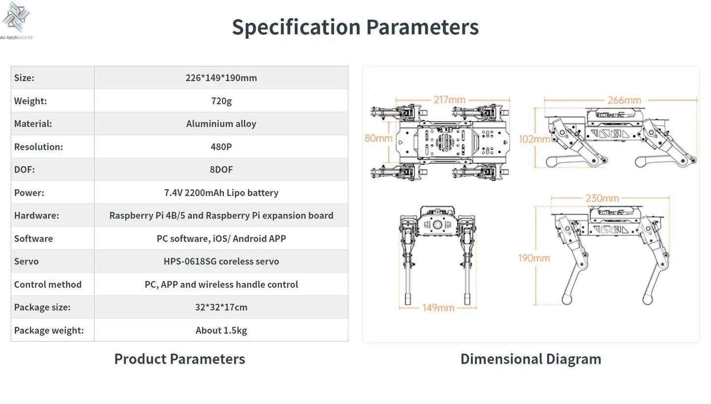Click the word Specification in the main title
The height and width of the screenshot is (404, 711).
296,27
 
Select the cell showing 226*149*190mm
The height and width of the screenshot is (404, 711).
221,78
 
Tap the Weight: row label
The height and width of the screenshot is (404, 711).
31,101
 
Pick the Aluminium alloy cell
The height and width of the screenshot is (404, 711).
221,124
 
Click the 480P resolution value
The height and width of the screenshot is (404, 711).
221,146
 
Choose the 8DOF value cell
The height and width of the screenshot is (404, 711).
221,170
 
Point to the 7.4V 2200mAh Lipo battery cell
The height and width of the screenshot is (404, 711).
221,193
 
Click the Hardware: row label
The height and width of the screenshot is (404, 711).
36,215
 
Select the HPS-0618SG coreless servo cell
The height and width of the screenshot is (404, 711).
221,261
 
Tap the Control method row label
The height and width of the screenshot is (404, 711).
48,284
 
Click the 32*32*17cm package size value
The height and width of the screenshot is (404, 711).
221,307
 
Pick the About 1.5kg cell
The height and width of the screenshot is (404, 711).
221,330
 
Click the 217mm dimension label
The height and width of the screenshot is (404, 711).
449,100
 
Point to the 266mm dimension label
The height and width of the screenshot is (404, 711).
624,100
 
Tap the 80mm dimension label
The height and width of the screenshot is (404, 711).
378,138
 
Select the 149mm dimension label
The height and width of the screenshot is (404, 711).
438,308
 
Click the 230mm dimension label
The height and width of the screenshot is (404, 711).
602,199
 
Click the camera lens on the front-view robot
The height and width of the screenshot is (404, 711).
437,225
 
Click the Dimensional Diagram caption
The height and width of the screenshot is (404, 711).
530,359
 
